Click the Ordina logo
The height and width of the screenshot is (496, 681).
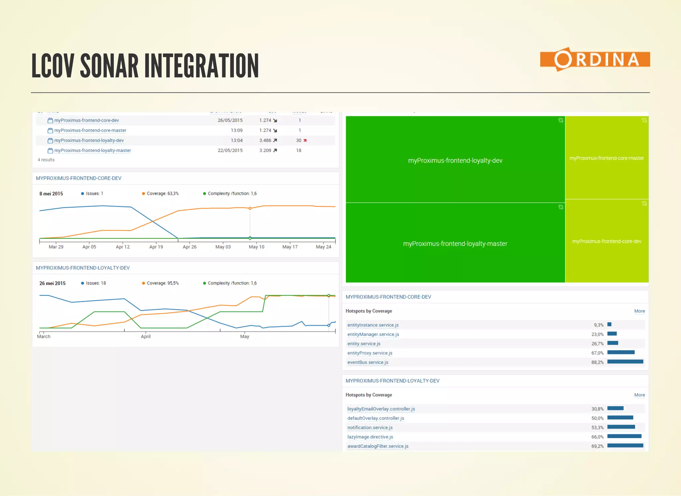(x=595, y=60)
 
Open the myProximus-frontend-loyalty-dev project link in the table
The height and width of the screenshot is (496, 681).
(x=89, y=140)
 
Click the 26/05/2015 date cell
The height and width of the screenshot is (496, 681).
(x=230, y=120)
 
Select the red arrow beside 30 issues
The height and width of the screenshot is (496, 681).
(x=305, y=141)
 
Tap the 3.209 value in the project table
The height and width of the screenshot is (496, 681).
(x=265, y=151)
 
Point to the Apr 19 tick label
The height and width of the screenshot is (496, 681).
(x=156, y=247)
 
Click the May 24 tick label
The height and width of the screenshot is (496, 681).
(x=323, y=247)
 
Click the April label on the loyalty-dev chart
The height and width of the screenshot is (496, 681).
(x=146, y=336)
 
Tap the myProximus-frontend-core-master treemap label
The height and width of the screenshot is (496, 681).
(x=607, y=158)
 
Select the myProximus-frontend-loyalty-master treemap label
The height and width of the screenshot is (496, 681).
(x=455, y=244)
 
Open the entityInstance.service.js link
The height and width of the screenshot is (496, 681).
(x=373, y=325)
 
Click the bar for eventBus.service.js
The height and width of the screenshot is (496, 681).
(x=625, y=362)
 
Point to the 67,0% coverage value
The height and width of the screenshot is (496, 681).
(x=597, y=353)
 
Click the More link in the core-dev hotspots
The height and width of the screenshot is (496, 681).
(x=639, y=311)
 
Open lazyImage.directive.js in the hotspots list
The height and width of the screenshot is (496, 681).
(x=370, y=437)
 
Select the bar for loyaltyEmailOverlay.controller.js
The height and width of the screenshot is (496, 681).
(x=615, y=408)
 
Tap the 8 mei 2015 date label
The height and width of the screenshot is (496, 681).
(x=51, y=194)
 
